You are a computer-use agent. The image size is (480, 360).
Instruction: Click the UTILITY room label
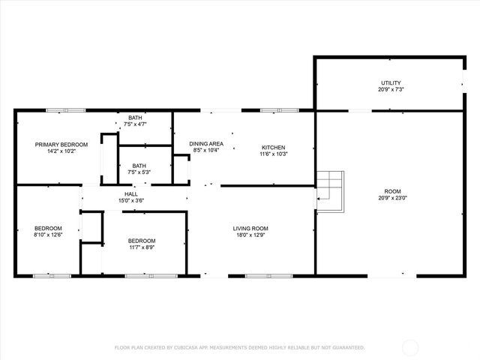(390, 82)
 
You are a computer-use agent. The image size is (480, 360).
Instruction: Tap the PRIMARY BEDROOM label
(62, 144)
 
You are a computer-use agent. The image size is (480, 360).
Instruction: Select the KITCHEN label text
(274, 147)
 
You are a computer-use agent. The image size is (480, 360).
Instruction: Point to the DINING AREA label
(205, 144)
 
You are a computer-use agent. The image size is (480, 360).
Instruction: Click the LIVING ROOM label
(250, 229)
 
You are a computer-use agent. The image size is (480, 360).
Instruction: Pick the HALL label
(130, 193)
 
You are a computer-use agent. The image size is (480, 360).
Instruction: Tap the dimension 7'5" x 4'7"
(135, 124)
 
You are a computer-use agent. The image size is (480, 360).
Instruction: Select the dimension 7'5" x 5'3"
(139, 172)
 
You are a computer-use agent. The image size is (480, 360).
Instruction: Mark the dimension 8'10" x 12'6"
(48, 235)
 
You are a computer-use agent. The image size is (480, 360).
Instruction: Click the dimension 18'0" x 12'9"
(250, 236)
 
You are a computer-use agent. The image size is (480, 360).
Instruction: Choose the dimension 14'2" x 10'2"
(62, 151)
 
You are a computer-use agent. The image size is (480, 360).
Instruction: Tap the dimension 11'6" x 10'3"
(274, 154)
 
